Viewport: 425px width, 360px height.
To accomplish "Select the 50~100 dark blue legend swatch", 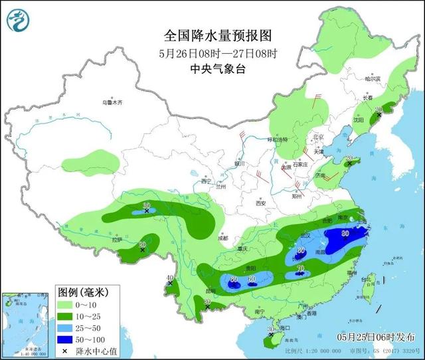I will [x=67, y=339].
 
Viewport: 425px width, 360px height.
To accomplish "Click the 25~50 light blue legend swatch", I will [x=67, y=327].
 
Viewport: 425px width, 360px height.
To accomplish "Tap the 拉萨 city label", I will [x=117, y=240].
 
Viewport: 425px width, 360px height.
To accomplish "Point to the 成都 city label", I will [x=222, y=238].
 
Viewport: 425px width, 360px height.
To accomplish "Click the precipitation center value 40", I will [x=170, y=278].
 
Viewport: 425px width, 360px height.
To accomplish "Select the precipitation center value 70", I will [x=301, y=269].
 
